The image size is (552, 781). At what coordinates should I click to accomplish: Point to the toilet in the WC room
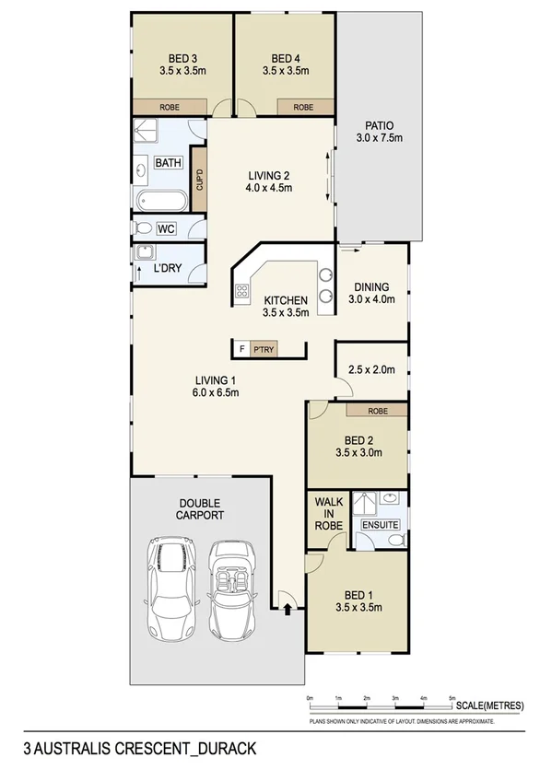click(143, 228)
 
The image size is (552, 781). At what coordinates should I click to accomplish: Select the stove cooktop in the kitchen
click(243, 293)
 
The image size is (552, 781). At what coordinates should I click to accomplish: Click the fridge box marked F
click(242, 349)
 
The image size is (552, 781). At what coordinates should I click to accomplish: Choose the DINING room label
click(371, 286)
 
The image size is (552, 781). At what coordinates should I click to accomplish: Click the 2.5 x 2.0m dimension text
click(371, 370)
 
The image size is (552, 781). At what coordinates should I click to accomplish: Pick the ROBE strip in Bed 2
click(376, 411)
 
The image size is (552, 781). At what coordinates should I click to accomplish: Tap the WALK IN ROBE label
click(329, 513)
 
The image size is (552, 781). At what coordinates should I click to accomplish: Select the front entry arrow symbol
click(288, 608)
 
